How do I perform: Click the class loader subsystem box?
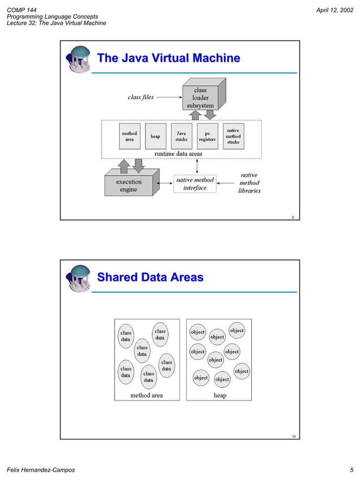tap(200, 98)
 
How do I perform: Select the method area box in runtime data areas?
tap(129, 136)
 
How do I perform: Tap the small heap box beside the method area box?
tap(155, 136)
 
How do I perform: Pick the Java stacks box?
tap(181, 136)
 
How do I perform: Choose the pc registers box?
tap(207, 136)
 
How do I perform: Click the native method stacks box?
tap(233, 136)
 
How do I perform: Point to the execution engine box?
tap(129, 186)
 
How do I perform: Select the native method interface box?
tap(195, 183)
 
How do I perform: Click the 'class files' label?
tap(141, 97)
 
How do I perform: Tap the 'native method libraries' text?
tap(249, 183)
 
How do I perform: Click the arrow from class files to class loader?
tap(168, 97)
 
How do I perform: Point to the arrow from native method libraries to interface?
tap(226, 183)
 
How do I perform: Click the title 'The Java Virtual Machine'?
tap(169, 58)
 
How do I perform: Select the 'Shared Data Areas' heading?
tap(150, 277)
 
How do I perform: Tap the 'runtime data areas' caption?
tap(178, 153)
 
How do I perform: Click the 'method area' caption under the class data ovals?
tap(147, 395)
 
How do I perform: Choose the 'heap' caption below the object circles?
tap(219, 395)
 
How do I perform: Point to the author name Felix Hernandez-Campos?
tap(40, 470)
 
